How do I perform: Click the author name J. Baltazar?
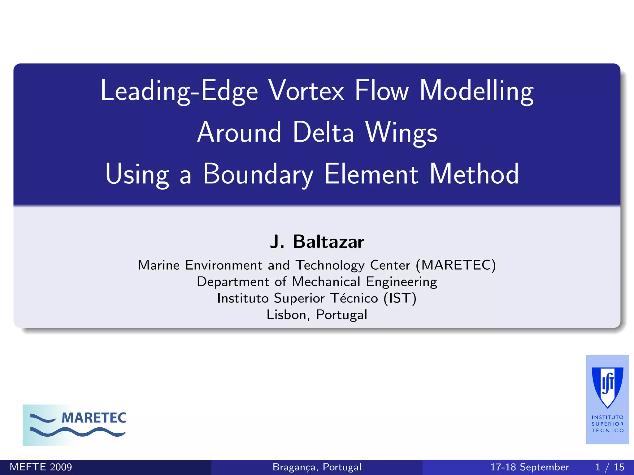[317, 242]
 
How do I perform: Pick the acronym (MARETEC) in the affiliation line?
[456, 265]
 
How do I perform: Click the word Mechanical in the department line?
[326, 282]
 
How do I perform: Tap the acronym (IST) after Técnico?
[400, 298]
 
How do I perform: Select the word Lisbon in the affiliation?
[286, 315]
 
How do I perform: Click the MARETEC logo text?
[94, 418]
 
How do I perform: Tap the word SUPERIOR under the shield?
[607, 424]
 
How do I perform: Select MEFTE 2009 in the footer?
[41, 467]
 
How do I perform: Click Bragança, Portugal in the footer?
[317, 467]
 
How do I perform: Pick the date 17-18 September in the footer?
[530, 467]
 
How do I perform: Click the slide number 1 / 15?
[610, 467]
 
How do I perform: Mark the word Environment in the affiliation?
[224, 265]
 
